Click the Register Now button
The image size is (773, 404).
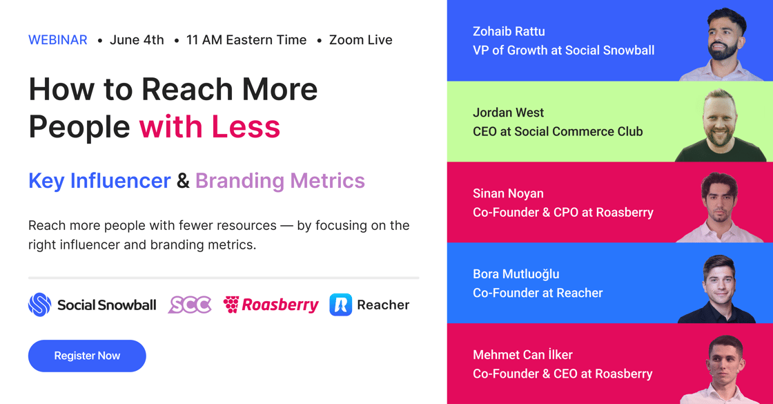pos(87,356)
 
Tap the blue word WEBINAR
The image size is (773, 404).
pos(58,40)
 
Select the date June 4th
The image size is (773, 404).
pos(137,40)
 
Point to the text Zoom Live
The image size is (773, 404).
pos(360,40)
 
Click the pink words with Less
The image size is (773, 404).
pos(210,127)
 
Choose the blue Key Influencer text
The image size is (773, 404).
pos(99,180)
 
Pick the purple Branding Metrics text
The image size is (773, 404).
pos(280,180)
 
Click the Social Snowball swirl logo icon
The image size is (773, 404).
pos(40,305)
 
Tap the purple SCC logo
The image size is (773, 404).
pos(190,305)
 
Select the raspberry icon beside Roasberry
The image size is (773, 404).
pos(231,305)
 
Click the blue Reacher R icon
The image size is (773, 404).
pos(341,305)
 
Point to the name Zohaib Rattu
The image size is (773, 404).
pos(509,32)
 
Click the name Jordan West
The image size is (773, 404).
pos(508,113)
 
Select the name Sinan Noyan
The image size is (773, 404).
pos(508,194)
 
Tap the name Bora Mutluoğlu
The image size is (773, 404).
pos(516,274)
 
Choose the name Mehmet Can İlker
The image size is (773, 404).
pos(522,355)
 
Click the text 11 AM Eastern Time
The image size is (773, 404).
pos(246,40)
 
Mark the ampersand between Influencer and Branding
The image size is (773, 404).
pos(183,181)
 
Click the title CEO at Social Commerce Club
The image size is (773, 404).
pos(558,132)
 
